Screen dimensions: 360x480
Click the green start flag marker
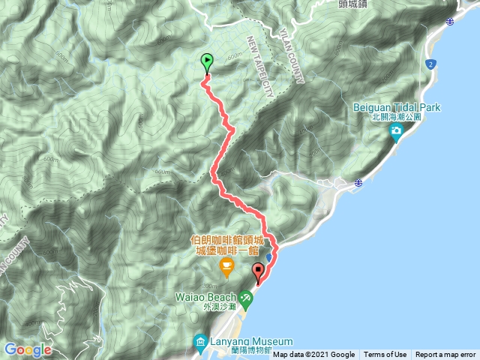(x=206, y=62)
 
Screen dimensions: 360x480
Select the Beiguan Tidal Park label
(x=397, y=108)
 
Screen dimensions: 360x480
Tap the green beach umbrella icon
(x=247, y=298)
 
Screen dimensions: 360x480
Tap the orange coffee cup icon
(x=225, y=266)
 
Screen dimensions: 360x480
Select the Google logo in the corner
(x=27, y=349)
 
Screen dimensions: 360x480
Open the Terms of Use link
(x=385, y=355)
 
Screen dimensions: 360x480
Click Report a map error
(x=445, y=355)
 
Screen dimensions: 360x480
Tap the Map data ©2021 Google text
(x=313, y=355)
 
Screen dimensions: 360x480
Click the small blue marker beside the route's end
(x=269, y=256)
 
